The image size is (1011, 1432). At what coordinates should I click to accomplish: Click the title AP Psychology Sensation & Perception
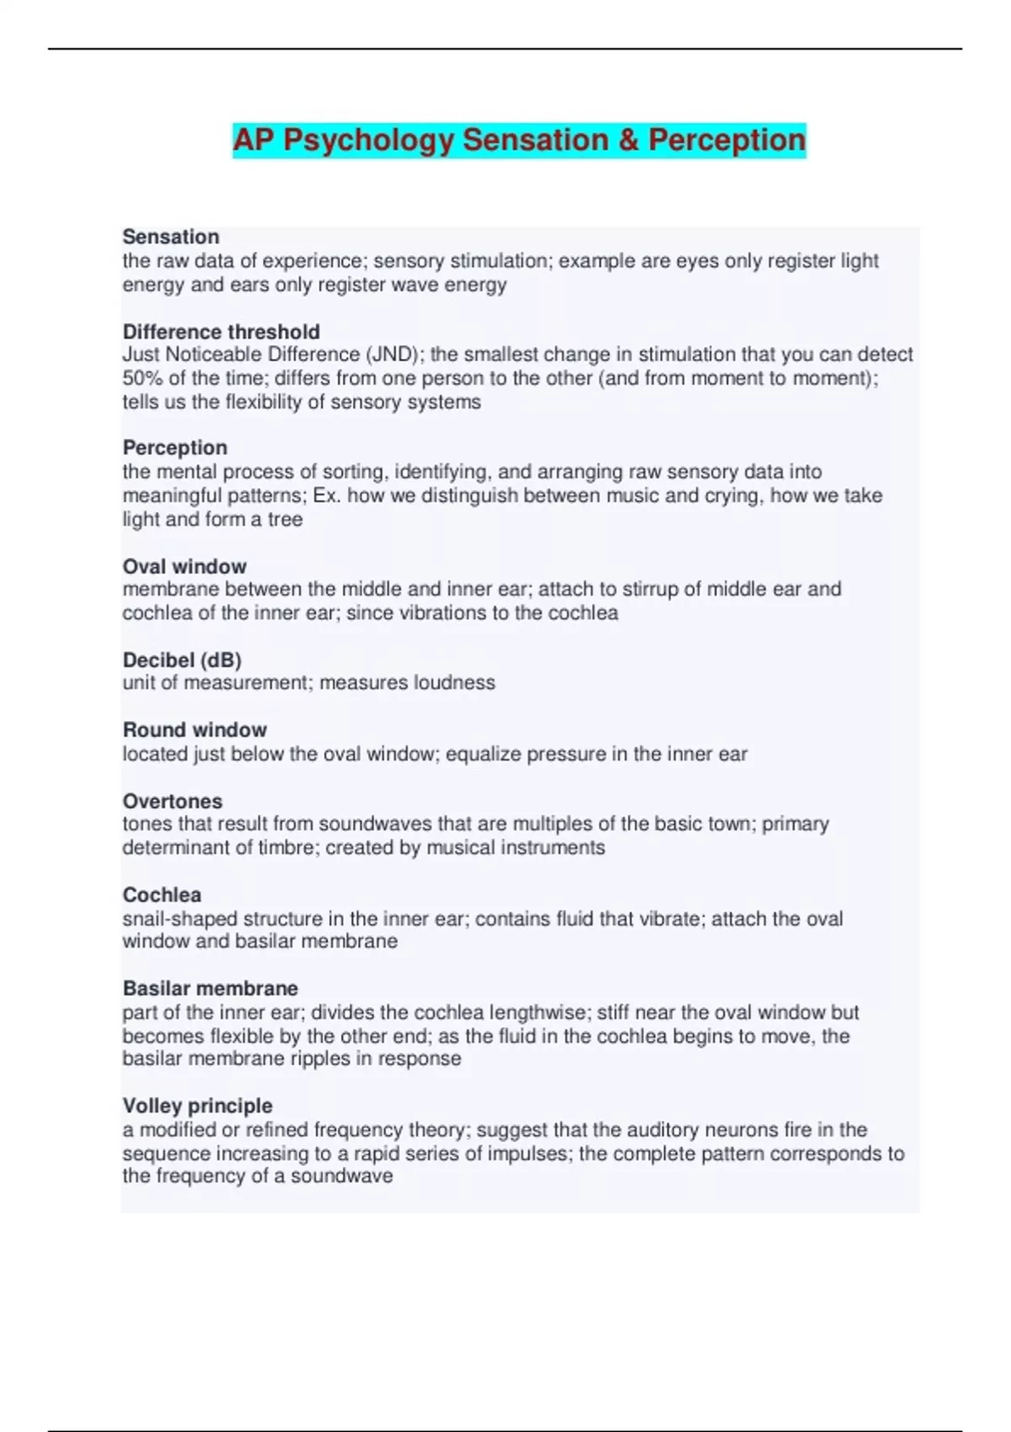click(519, 140)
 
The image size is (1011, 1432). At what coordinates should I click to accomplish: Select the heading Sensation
click(171, 237)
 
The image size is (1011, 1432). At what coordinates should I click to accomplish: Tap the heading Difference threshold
click(222, 331)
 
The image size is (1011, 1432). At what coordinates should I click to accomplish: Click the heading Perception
click(175, 447)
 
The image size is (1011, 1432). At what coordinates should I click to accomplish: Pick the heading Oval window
click(185, 566)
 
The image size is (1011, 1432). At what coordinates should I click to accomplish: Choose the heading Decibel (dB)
click(182, 660)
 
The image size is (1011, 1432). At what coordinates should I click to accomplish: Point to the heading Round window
click(195, 729)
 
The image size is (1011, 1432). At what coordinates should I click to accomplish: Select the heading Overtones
click(173, 801)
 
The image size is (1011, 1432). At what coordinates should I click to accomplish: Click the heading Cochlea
click(162, 895)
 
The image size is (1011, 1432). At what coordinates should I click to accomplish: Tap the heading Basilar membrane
click(211, 988)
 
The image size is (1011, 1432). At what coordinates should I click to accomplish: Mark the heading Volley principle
click(198, 1105)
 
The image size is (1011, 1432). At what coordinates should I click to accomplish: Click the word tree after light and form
click(285, 519)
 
